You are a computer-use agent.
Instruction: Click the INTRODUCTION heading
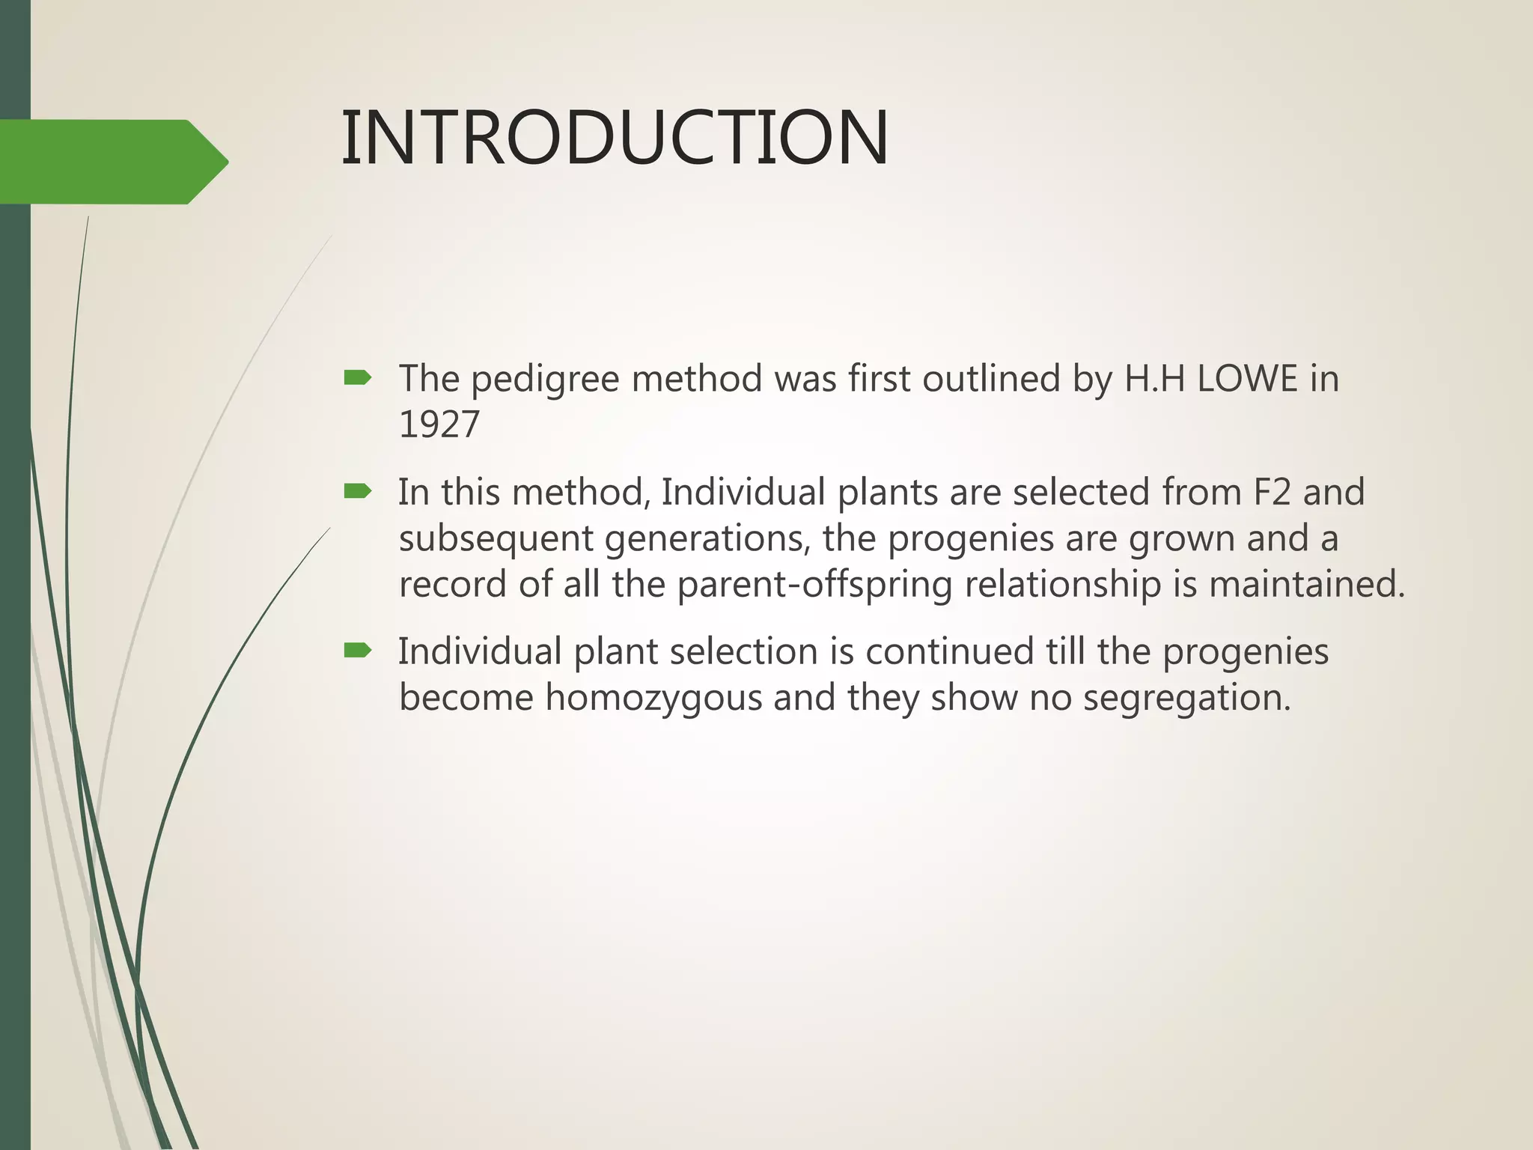click(614, 139)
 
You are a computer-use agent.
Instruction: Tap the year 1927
click(439, 425)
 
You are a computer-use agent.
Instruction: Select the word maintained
click(1306, 584)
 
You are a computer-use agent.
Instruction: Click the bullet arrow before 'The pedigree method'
click(357, 378)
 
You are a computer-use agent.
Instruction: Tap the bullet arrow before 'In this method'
click(357, 491)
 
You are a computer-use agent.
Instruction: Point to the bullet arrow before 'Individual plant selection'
click(357, 651)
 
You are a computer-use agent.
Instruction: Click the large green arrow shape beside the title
click(112, 162)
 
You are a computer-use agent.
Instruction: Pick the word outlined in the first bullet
click(990, 378)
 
